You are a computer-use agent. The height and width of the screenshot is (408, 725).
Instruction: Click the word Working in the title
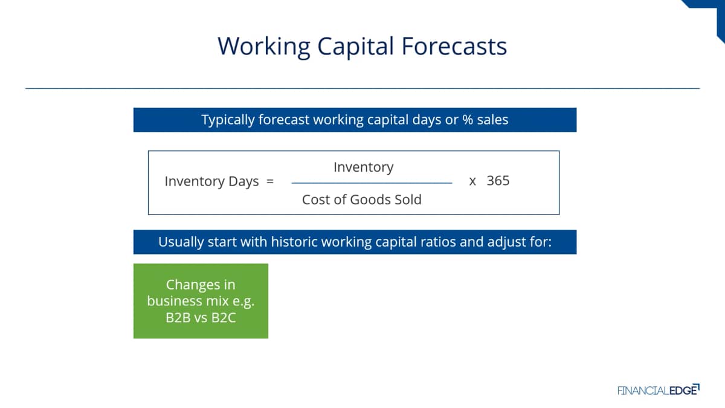264,47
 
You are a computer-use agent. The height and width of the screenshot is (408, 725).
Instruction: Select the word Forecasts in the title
454,47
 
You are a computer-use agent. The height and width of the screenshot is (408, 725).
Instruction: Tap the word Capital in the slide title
355,47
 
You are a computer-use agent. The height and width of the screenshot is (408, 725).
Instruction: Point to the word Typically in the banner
228,120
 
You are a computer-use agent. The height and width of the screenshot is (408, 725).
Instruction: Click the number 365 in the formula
498,180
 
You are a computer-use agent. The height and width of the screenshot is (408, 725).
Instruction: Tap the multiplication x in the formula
472,181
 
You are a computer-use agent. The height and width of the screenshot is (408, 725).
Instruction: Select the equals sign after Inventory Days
270,181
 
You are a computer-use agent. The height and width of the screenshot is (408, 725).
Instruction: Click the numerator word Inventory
364,167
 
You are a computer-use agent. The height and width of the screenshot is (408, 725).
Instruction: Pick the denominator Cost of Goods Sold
361,199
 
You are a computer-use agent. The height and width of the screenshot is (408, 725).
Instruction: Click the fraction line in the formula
372,183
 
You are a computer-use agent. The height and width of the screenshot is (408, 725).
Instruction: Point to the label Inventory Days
211,181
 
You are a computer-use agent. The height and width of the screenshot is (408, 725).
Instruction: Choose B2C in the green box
224,318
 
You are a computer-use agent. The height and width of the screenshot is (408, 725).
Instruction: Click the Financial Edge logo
659,390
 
